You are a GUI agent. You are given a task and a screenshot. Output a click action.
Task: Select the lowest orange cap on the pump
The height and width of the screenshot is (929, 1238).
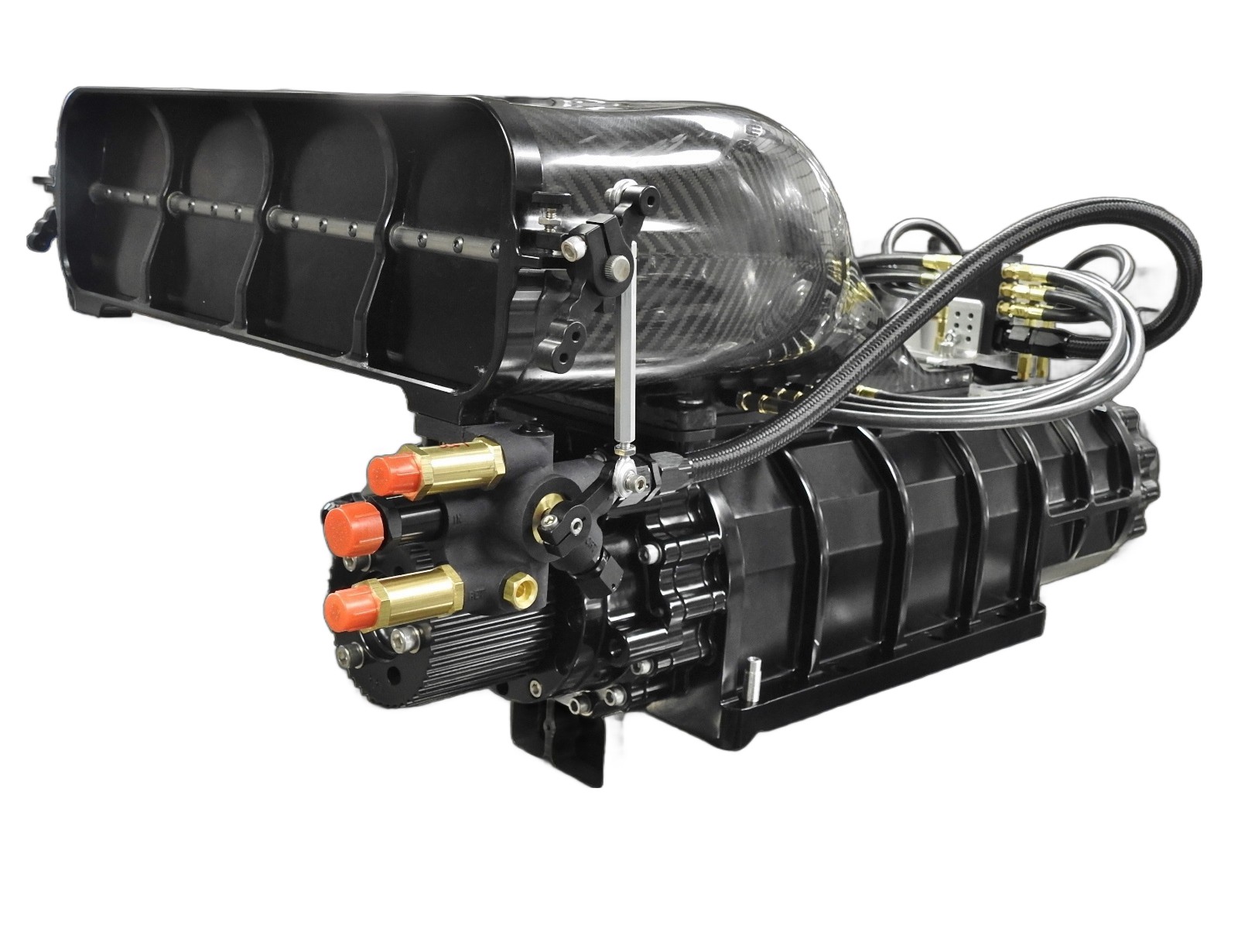click(x=350, y=605)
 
